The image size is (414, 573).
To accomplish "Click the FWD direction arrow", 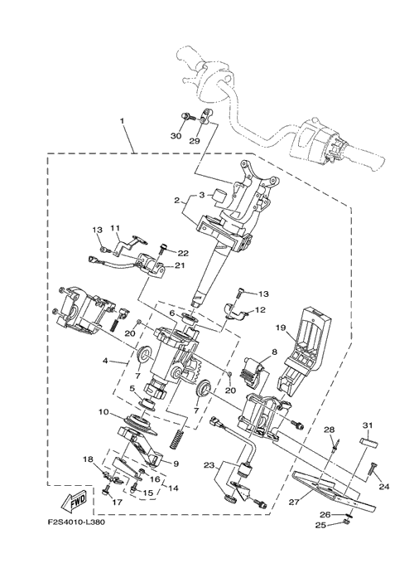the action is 74,500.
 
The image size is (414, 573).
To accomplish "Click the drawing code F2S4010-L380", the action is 76,522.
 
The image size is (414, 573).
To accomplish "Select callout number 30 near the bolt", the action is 176,136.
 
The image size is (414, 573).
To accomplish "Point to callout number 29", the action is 195,141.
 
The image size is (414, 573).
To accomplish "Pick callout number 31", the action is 368,425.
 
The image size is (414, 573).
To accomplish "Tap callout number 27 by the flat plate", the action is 294,503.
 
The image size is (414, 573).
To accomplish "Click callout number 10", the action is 103,413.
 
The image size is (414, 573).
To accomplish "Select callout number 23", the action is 209,465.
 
